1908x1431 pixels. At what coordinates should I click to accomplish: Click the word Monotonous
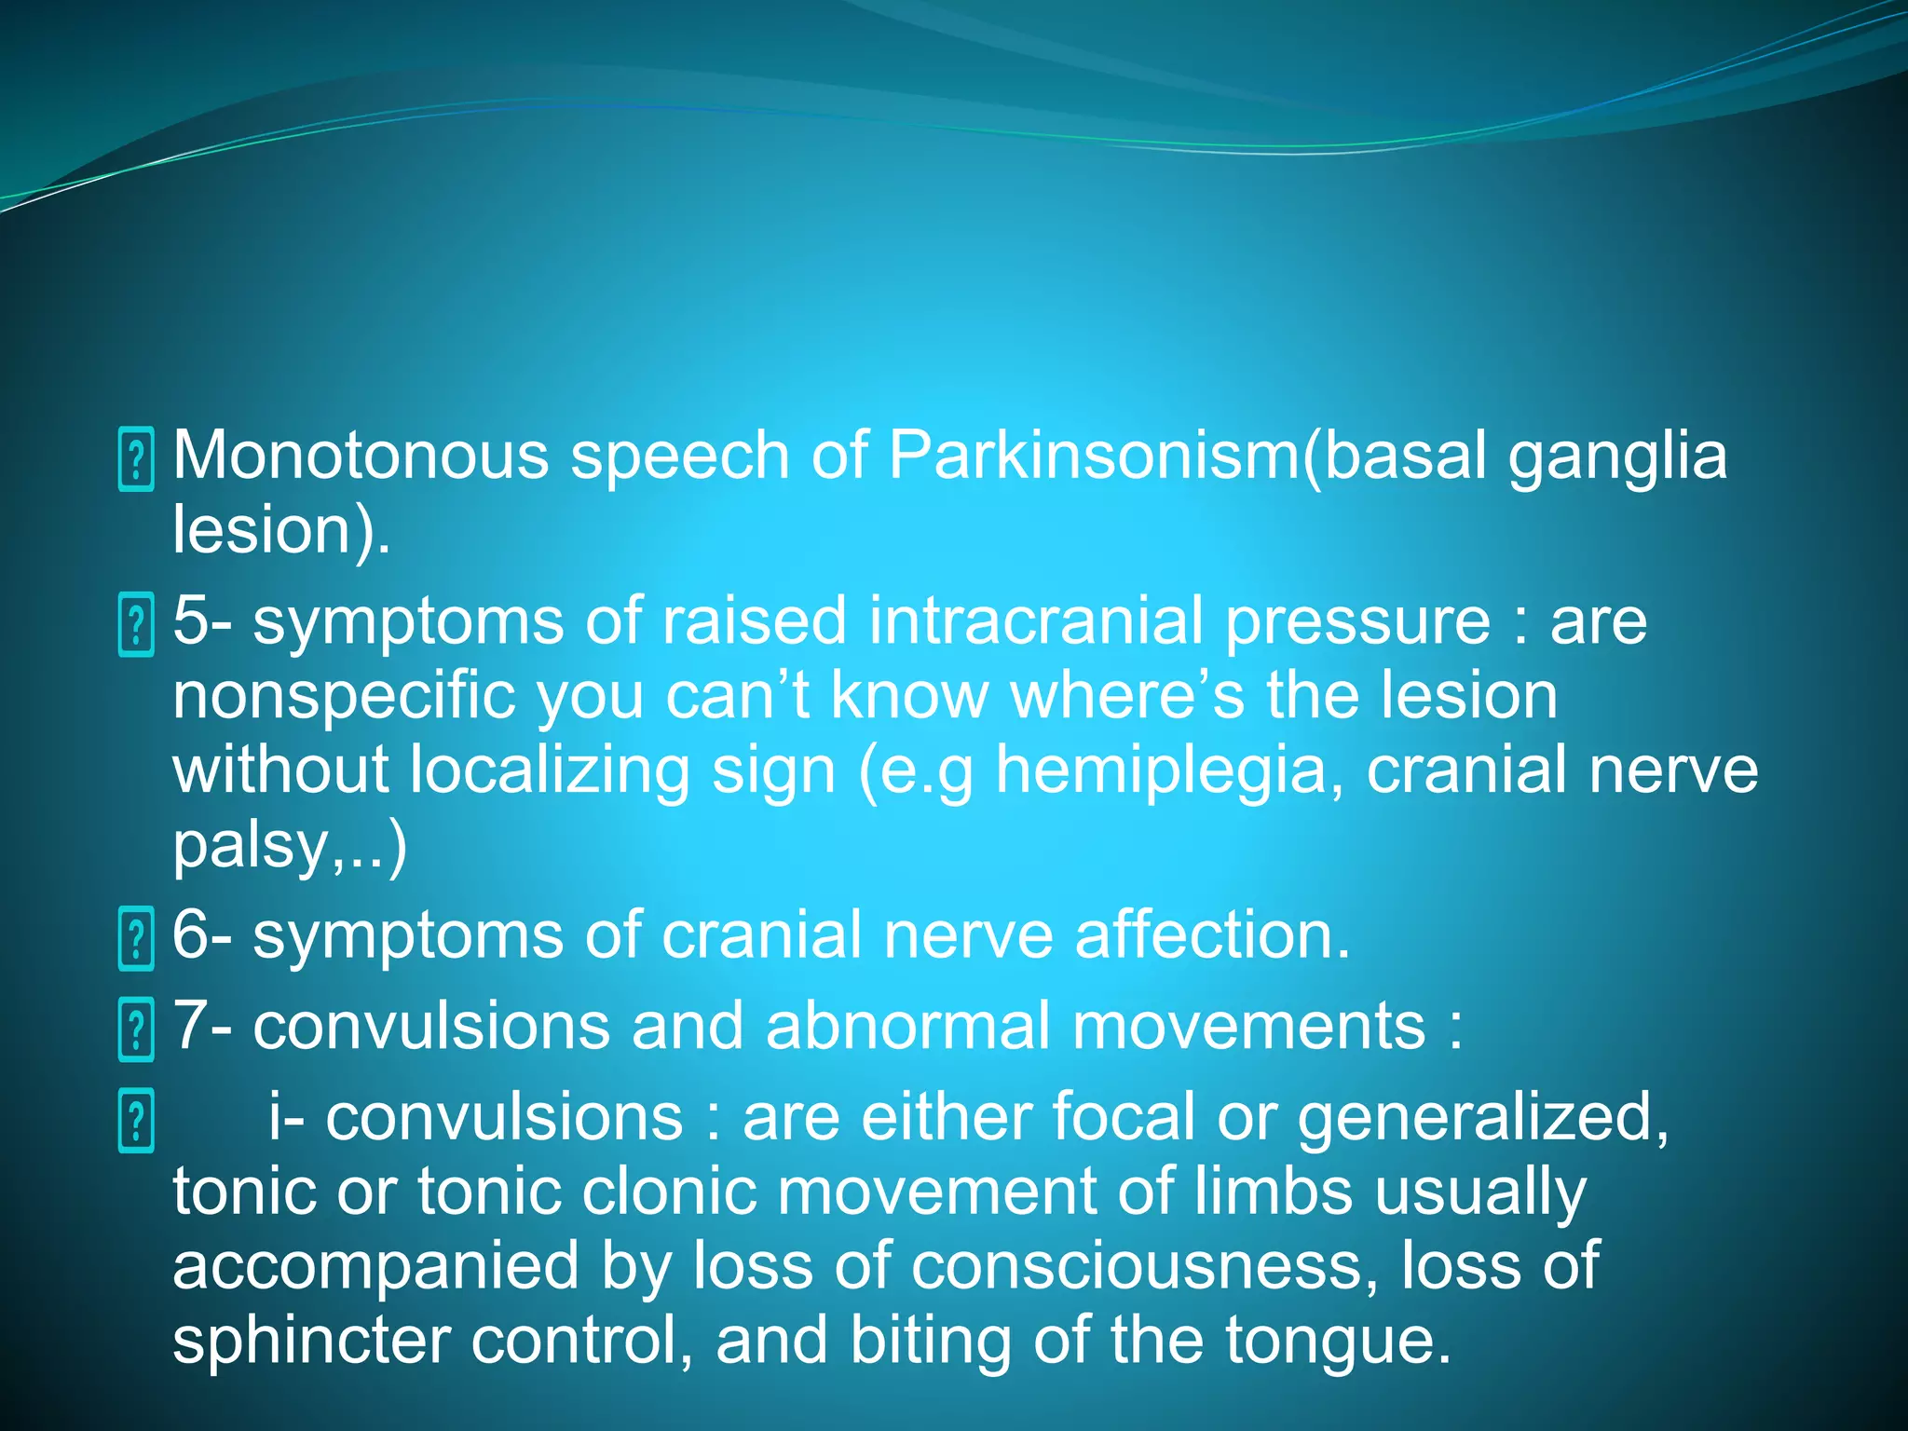click(361, 456)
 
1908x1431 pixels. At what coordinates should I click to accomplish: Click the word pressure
click(1357, 622)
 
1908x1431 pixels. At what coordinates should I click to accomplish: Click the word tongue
click(1337, 1342)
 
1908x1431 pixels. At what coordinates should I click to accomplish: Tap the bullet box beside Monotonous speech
click(136, 459)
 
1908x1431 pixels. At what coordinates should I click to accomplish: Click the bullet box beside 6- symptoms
click(136, 940)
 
